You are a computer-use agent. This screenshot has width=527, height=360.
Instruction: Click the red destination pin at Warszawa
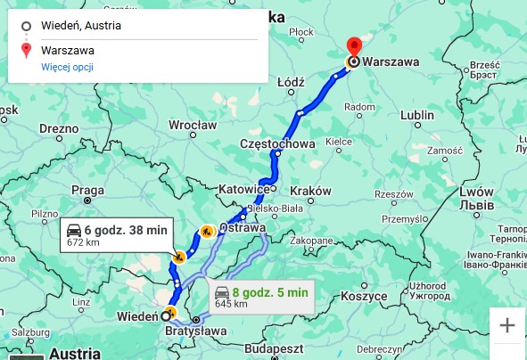353,47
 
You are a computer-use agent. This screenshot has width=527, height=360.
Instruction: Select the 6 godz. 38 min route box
116,234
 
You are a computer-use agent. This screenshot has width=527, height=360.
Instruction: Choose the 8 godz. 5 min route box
261,297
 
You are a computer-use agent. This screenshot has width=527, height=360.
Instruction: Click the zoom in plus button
507,325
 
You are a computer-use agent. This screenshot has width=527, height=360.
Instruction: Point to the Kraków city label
310,191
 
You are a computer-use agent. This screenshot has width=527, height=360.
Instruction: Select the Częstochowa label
277,143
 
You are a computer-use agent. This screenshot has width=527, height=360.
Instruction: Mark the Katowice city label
243,189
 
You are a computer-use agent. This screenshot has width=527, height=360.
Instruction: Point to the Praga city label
88,189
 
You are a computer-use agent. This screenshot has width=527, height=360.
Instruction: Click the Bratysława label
196,332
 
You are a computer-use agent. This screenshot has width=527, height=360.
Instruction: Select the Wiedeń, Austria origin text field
134,25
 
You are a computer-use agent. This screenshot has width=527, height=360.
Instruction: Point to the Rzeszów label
392,193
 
